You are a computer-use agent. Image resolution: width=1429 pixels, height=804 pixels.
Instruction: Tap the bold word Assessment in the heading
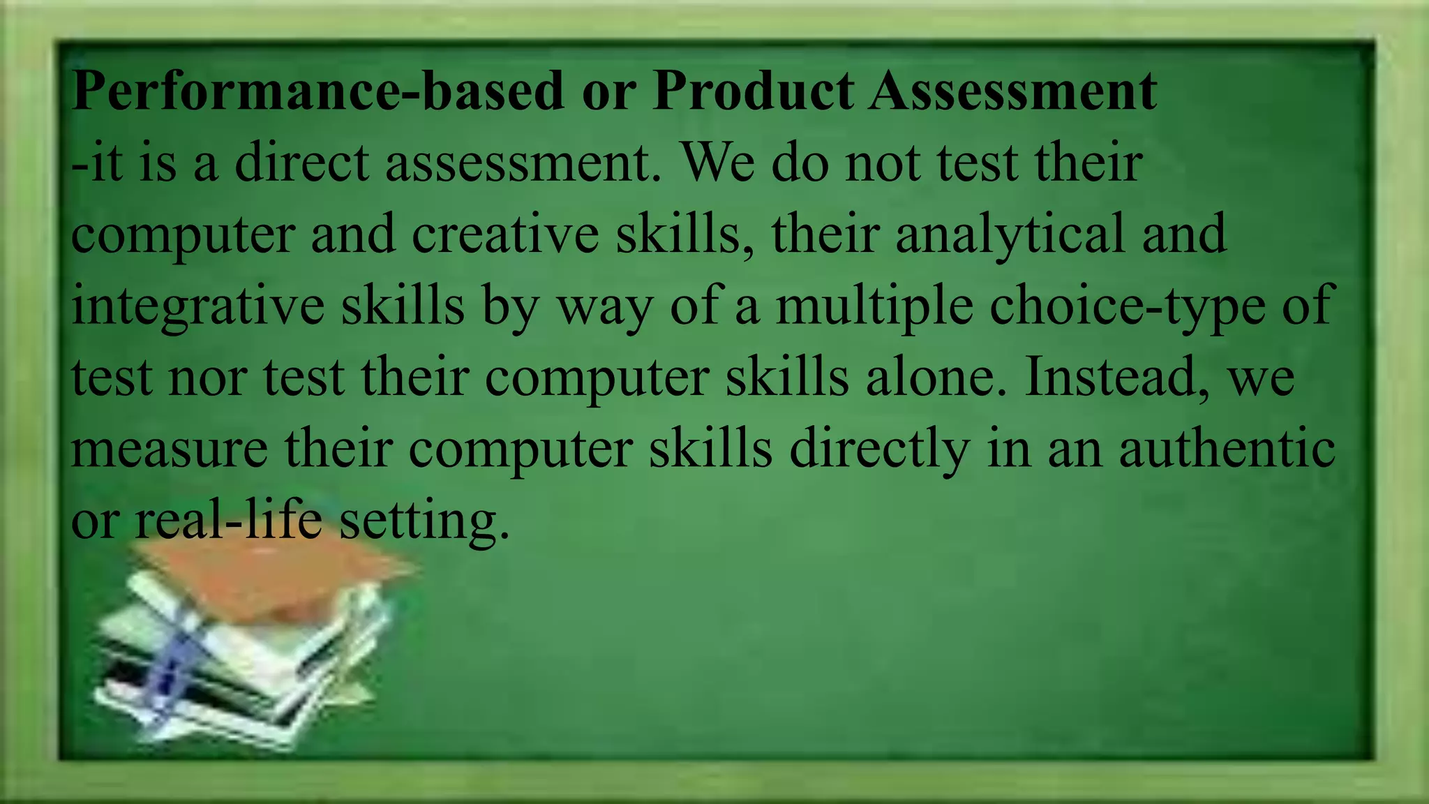coord(1012,91)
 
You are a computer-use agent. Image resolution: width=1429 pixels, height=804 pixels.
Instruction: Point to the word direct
coord(301,163)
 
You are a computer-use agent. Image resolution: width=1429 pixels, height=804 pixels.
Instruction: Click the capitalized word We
coord(718,163)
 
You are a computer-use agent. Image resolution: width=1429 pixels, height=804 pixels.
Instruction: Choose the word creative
coord(505,234)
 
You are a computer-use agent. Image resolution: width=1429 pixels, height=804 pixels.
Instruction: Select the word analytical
coord(1010,234)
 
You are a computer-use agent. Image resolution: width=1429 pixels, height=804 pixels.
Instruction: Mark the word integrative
coord(197,306)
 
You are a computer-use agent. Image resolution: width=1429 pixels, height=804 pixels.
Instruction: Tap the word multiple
coord(874,306)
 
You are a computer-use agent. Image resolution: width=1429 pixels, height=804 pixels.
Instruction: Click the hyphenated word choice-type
coord(1128,306)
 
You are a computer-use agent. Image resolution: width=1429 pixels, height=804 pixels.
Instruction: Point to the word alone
coord(936,378)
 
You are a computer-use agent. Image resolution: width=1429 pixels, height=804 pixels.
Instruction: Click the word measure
coord(170,449)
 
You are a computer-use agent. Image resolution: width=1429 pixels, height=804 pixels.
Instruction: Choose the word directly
coord(879,449)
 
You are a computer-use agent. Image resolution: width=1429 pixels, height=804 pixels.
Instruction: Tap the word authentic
coord(1227,449)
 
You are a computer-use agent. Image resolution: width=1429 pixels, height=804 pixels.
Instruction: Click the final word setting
coord(424,521)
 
